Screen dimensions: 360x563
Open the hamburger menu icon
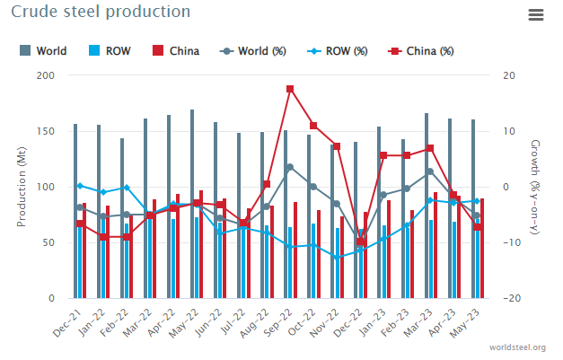coord(536,14)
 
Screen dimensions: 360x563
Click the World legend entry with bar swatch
coord(44,50)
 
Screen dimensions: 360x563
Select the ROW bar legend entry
coord(110,50)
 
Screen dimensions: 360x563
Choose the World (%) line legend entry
coord(253,50)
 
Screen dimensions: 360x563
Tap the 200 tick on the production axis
coord(45,75)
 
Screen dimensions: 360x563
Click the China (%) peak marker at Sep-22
coord(290,89)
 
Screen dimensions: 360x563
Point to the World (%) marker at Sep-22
coord(290,167)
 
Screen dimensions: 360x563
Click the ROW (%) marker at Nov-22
coord(337,257)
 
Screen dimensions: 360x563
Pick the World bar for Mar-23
coord(427,206)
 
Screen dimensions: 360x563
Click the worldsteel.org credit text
coord(518,347)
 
